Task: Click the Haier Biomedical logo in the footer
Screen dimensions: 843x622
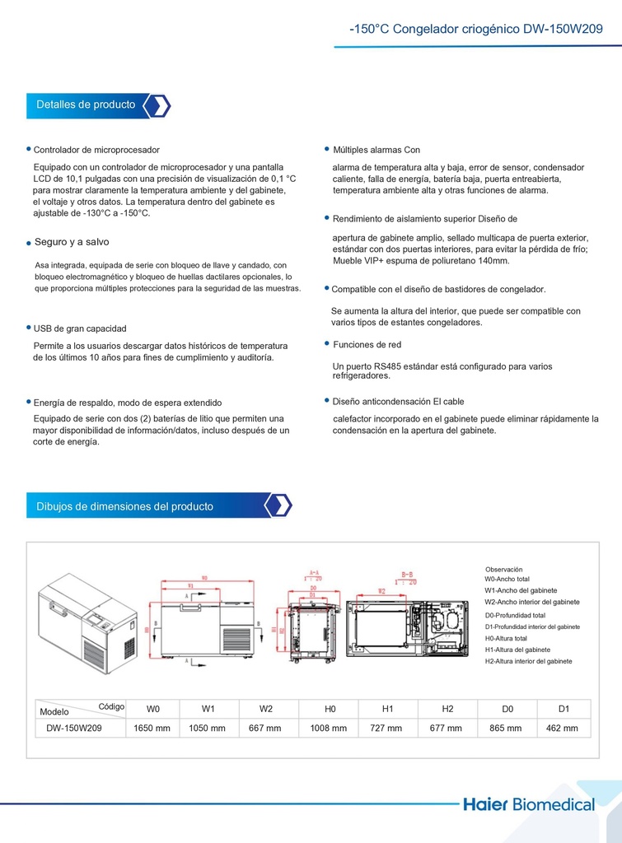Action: tap(540, 804)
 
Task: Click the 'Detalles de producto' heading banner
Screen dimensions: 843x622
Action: tap(86, 105)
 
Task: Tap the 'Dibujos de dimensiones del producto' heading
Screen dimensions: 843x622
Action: tap(124, 506)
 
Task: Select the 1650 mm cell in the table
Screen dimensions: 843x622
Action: tap(153, 728)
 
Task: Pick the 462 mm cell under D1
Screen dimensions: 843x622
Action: tap(564, 728)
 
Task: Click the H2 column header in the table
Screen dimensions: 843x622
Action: tap(447, 708)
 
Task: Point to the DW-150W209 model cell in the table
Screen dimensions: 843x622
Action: tap(74, 728)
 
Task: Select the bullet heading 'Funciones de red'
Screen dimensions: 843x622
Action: tap(367, 344)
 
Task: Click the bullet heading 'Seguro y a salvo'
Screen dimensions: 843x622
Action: tap(72, 242)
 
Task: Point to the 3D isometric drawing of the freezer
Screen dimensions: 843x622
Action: tap(87, 623)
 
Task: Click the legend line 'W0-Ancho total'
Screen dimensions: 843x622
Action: tap(507, 579)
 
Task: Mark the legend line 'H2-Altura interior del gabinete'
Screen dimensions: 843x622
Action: tap(528, 661)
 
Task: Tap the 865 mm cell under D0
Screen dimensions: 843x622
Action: tap(506, 728)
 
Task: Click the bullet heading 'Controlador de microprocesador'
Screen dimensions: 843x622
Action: tap(96, 150)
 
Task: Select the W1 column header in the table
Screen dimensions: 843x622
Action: tap(208, 708)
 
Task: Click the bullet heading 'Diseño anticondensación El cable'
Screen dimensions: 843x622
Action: tap(398, 402)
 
